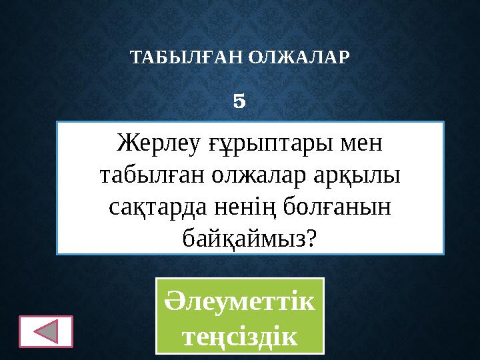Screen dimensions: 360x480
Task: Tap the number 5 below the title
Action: [240, 102]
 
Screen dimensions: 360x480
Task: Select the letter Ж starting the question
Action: [126, 142]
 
